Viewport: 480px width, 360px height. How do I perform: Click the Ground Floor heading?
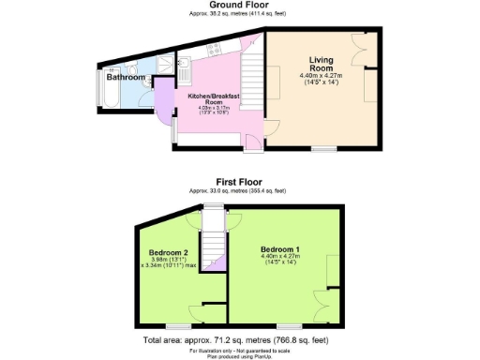pos(239,6)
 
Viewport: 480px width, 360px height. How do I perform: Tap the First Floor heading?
pos(238,181)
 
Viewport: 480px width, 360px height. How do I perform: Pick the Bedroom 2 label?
pos(169,252)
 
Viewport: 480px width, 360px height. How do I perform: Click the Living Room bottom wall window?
pos(325,149)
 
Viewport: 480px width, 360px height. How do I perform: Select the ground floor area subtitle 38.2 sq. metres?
pos(239,14)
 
